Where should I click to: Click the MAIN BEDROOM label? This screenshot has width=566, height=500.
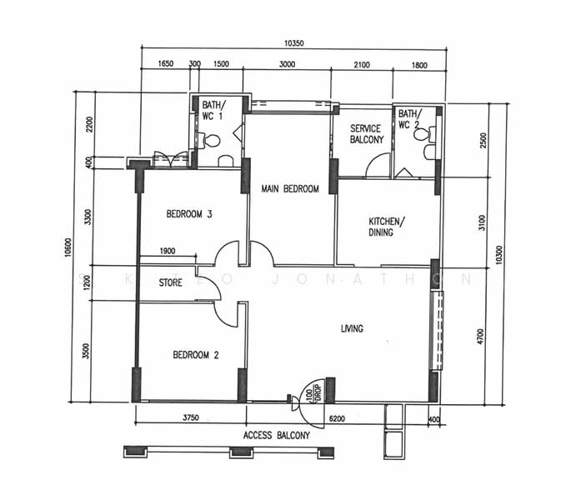pyautogui.click(x=290, y=189)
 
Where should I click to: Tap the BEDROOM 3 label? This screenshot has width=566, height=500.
pyautogui.click(x=189, y=214)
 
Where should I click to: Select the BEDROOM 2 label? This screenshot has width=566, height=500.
pyautogui.click(x=196, y=355)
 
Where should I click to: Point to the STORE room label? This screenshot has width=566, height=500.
pyautogui.click(x=170, y=282)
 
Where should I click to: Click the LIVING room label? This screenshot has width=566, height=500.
pyautogui.click(x=352, y=329)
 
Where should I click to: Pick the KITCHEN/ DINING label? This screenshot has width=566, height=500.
pyautogui.click(x=387, y=227)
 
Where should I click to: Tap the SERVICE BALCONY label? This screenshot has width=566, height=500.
pyautogui.click(x=366, y=134)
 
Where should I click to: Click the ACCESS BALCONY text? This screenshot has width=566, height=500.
pyautogui.click(x=277, y=435)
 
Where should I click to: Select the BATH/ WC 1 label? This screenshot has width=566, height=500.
pyautogui.click(x=213, y=111)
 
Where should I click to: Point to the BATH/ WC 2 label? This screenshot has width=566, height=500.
pyautogui.click(x=409, y=119)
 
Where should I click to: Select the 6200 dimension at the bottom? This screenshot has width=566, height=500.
pyautogui.click(x=338, y=419)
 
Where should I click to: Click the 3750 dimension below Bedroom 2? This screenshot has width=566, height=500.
pyautogui.click(x=190, y=419)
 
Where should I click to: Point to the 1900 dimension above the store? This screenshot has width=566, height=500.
pyautogui.click(x=167, y=251)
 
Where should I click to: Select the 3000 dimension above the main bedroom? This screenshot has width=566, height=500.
pyautogui.click(x=287, y=64)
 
